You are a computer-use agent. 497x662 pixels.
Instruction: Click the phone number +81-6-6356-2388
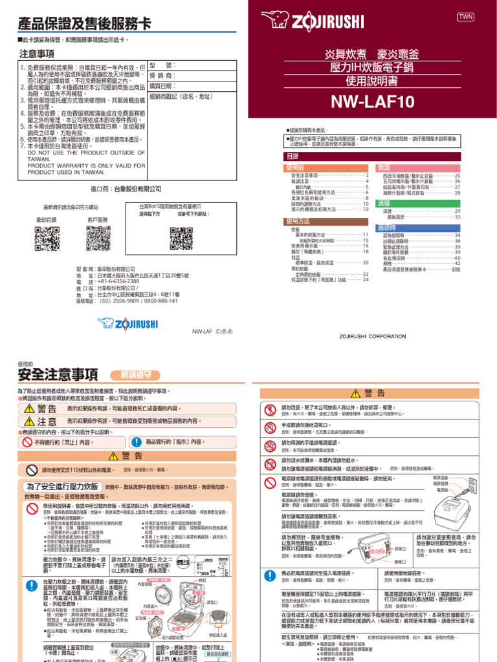click(x=119, y=282)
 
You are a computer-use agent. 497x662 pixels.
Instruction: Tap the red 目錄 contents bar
click(x=371, y=156)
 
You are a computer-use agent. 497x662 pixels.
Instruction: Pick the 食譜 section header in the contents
click(x=384, y=167)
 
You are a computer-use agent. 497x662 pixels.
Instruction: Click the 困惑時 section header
click(x=386, y=228)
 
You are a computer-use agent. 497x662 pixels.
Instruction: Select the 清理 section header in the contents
click(x=384, y=203)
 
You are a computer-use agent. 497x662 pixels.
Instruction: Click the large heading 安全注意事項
click(x=58, y=374)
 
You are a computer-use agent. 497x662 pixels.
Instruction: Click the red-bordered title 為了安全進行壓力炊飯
click(x=63, y=486)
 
